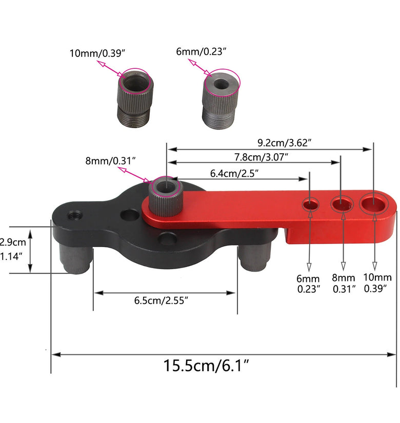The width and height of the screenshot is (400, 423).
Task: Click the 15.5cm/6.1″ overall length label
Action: [206, 366]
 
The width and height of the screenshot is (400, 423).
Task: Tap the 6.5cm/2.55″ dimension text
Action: [161, 300]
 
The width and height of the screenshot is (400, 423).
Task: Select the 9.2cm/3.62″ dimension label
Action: [285, 143]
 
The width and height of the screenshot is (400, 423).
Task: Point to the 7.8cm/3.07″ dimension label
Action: [261, 157]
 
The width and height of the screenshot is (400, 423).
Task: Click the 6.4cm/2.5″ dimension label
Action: [234, 173]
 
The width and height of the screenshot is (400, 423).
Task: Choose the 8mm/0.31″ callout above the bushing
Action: [110, 161]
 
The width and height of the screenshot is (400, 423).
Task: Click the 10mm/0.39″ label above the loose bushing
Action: [97, 53]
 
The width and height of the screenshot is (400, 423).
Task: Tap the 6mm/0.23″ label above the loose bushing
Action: [201, 51]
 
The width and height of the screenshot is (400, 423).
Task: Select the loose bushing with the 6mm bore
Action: [221, 99]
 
